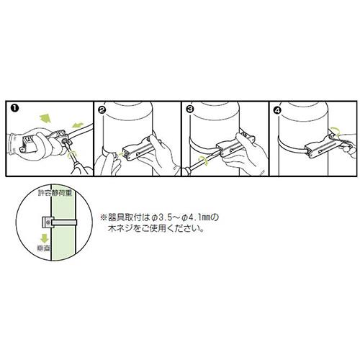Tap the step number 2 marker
click(x=102, y=110)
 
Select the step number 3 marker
click(x=189, y=110)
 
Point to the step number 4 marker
click(x=278, y=110)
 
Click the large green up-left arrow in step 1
click(x=45, y=119)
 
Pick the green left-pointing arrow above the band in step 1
click(x=77, y=125)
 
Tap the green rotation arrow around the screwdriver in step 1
click(x=71, y=156)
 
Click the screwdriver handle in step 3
click(x=185, y=172)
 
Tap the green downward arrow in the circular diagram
click(x=44, y=238)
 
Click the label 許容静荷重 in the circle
click(x=55, y=193)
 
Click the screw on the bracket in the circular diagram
click(x=48, y=221)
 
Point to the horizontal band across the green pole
click(x=64, y=222)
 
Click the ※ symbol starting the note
click(x=103, y=218)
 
